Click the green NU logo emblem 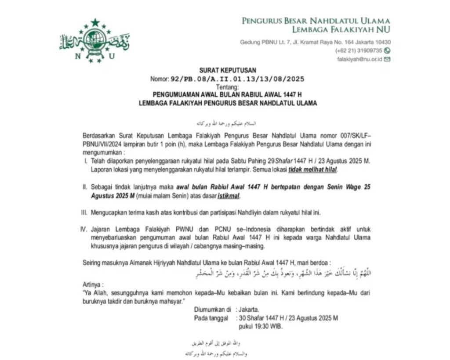pos(94,40)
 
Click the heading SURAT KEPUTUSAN pos(227,70)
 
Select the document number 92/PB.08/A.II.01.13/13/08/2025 pos(237,79)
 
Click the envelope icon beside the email pos(387,59)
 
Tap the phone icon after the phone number pos(387,50)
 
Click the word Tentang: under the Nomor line pos(227,87)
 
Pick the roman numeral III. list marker pos(85,213)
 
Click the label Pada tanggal pos(211,318)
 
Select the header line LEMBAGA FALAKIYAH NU pos(341,29)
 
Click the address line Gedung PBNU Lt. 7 pos(316,42)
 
